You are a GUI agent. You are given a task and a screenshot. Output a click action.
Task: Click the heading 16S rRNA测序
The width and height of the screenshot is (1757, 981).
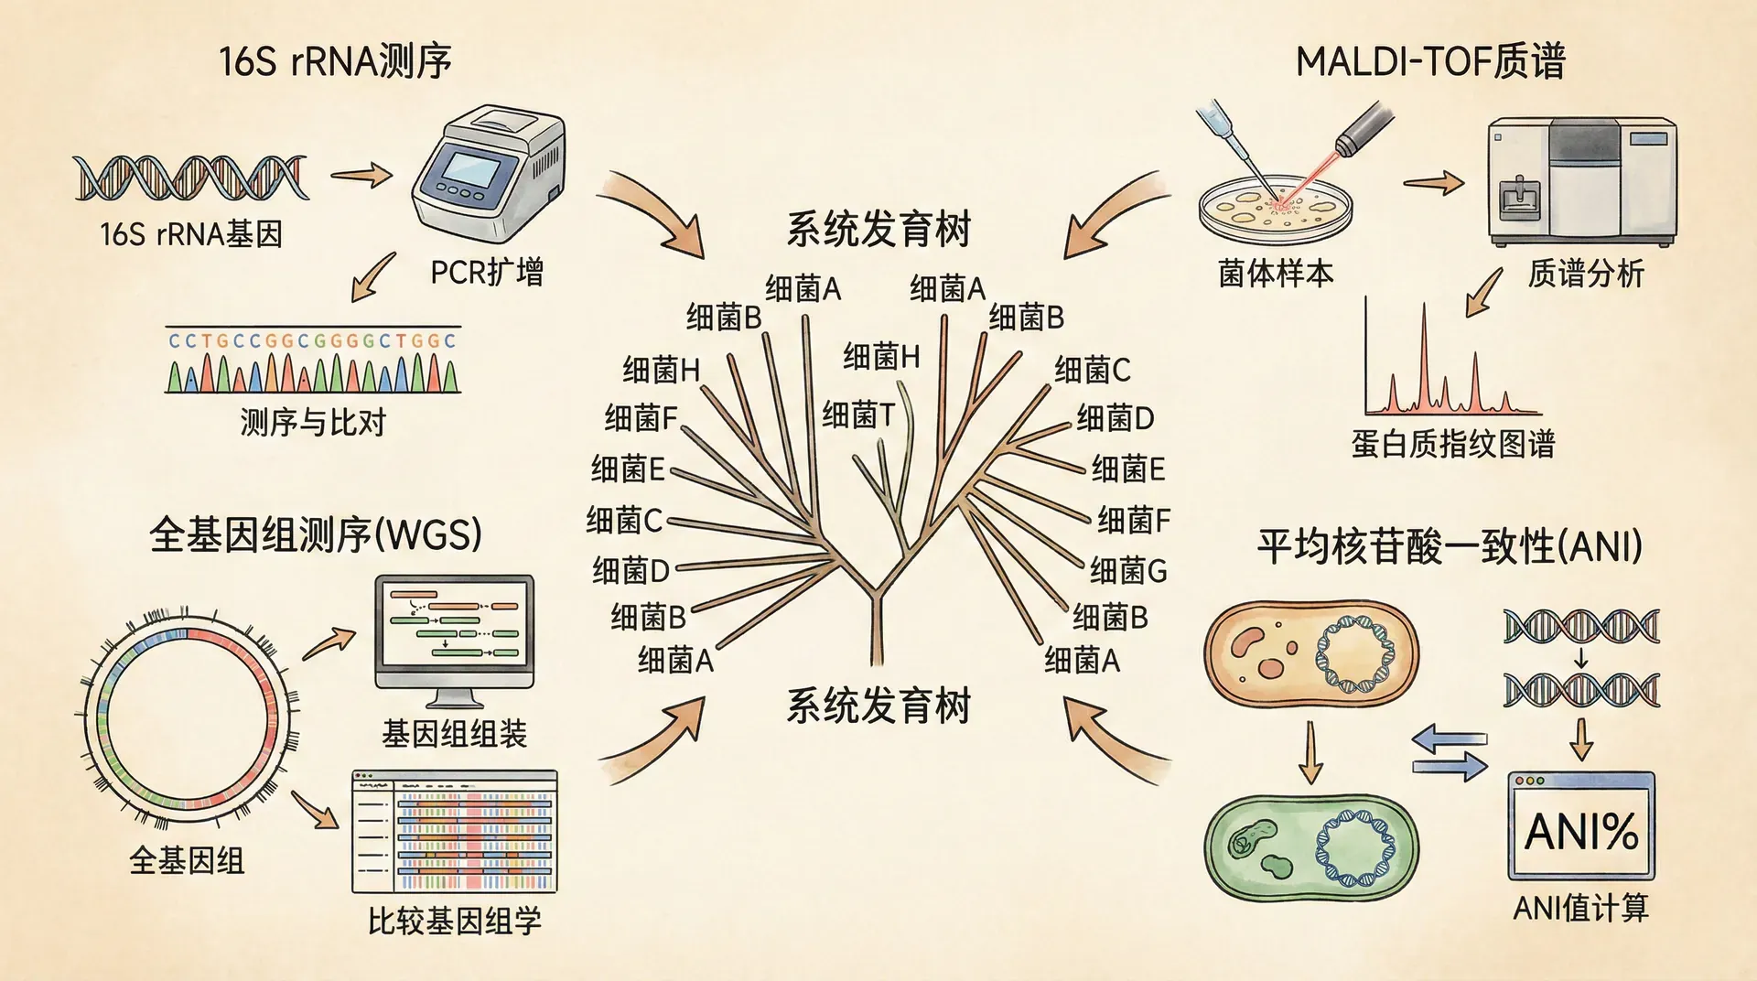pyautogui.click(x=335, y=61)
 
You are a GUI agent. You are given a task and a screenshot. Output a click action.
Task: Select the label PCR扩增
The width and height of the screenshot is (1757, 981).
pyautogui.click(x=487, y=272)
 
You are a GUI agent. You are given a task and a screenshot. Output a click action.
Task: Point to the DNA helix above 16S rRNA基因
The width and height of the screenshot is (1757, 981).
pyautogui.click(x=190, y=178)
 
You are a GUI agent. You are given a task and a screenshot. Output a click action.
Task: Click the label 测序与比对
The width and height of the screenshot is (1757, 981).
pyautogui.click(x=313, y=422)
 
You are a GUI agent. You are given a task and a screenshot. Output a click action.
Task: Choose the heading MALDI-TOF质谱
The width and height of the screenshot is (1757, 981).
pyautogui.click(x=1430, y=61)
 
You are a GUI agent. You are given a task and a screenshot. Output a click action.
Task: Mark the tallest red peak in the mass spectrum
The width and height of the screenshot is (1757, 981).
pyautogui.click(x=1424, y=357)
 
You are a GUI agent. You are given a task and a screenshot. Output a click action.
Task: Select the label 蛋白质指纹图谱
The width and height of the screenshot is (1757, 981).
pyautogui.click(x=1452, y=444)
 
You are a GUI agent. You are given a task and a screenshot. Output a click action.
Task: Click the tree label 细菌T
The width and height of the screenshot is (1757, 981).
pyautogui.click(x=857, y=415)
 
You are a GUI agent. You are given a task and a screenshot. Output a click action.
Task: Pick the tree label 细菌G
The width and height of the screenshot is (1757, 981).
pyautogui.click(x=1128, y=570)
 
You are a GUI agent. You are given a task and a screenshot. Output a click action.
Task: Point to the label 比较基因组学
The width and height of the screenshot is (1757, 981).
pyautogui.click(x=454, y=921)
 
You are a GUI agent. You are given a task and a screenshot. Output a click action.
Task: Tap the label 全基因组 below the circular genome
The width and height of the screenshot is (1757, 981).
pyautogui.click(x=187, y=860)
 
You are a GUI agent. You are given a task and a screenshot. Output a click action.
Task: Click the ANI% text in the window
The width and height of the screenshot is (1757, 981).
pyautogui.click(x=1581, y=832)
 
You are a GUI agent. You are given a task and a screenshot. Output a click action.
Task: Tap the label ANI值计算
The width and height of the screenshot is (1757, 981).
pyautogui.click(x=1580, y=908)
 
